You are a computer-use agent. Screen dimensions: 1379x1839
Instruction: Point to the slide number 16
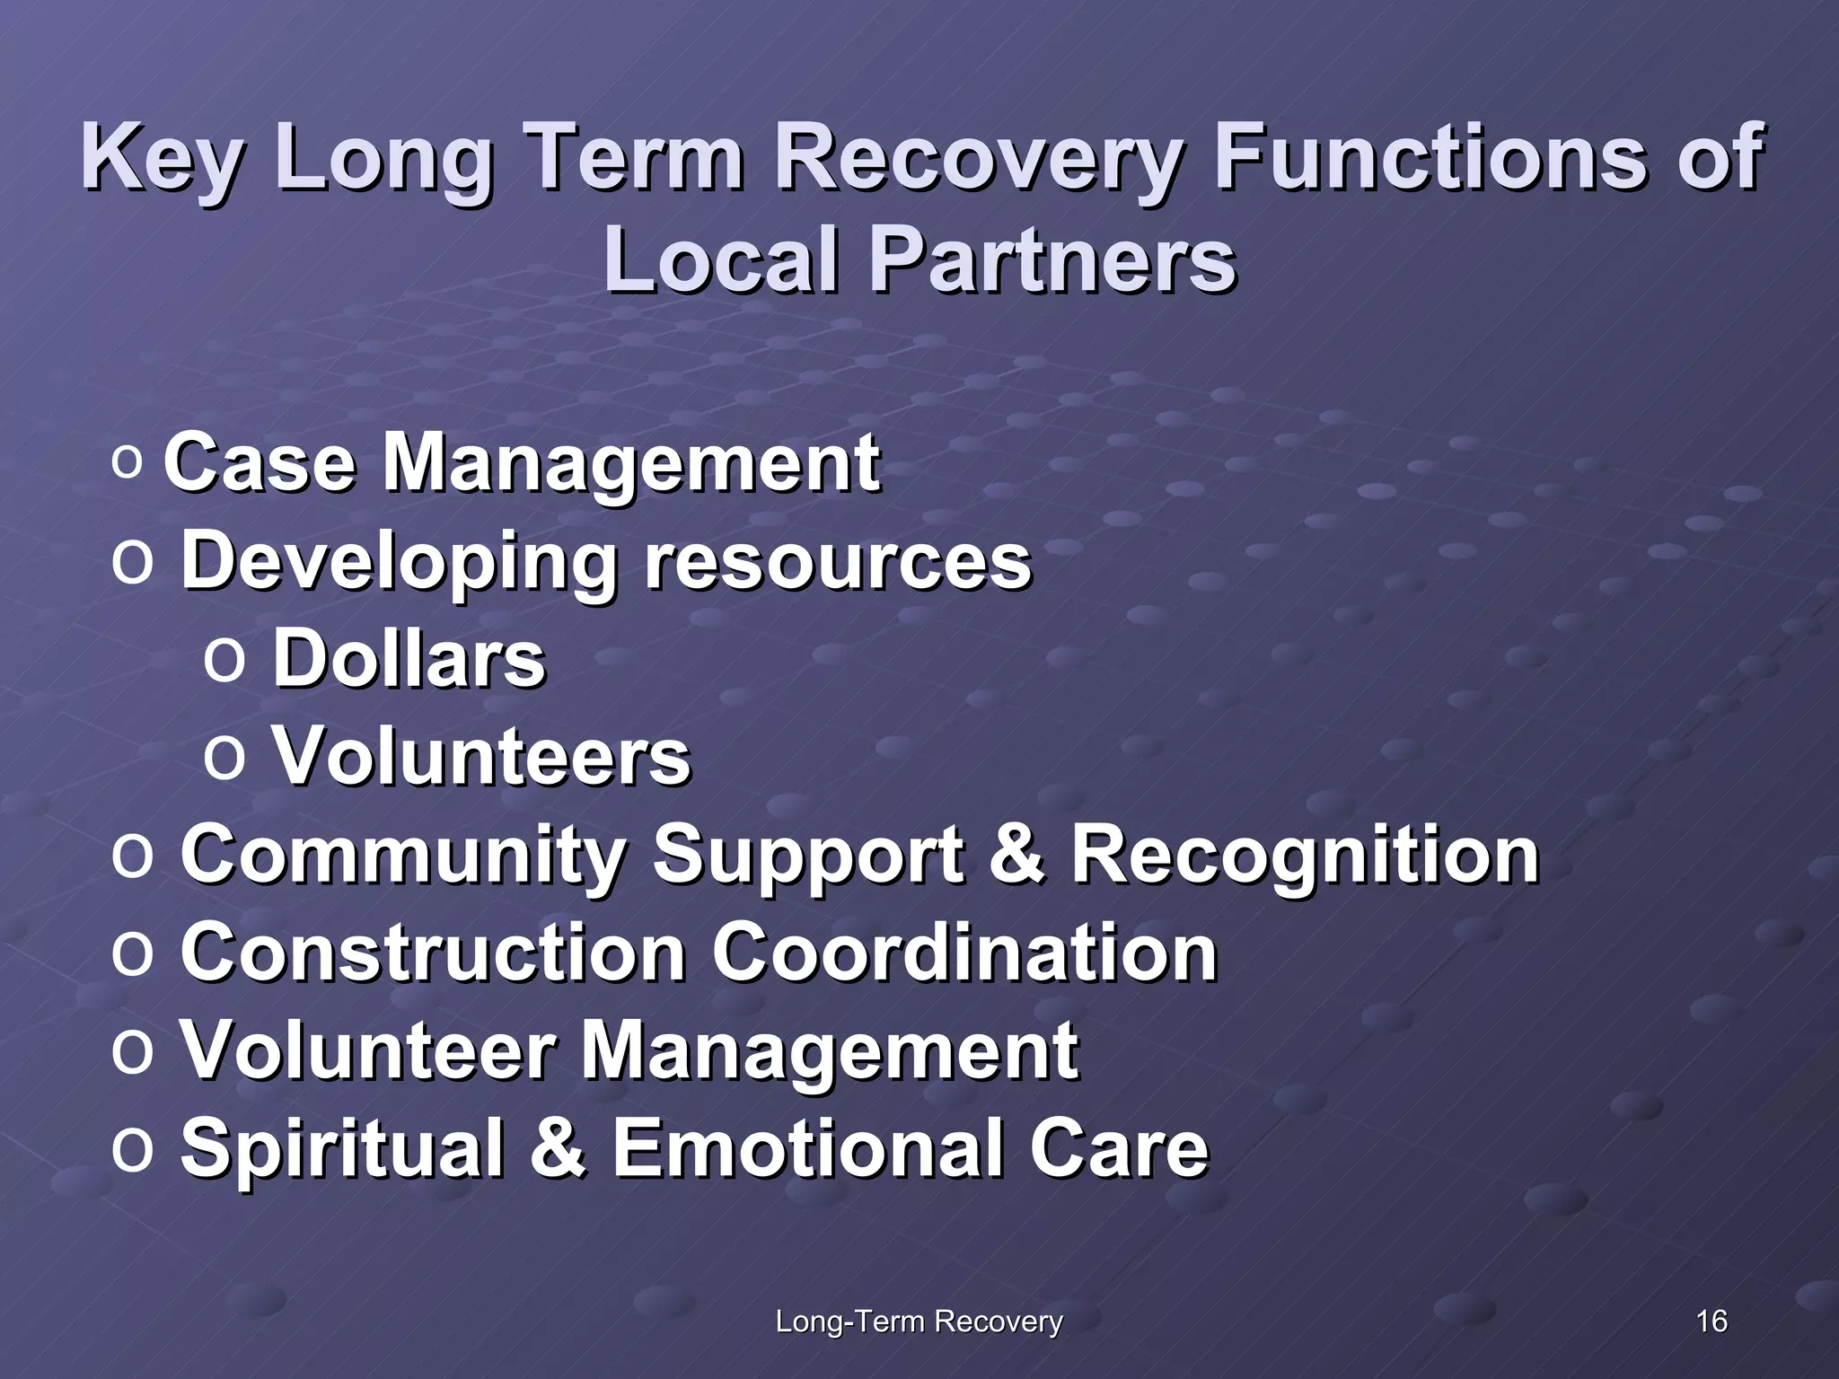(1711, 1322)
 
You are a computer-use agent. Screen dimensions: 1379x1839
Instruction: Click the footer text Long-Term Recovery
(919, 1322)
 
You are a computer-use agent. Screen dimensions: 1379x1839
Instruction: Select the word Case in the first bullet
(260, 464)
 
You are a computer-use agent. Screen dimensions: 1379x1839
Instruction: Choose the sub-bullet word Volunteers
(481, 757)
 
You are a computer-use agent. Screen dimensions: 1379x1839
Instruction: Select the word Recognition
(1306, 854)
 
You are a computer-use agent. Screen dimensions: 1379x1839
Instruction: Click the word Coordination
(964, 953)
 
